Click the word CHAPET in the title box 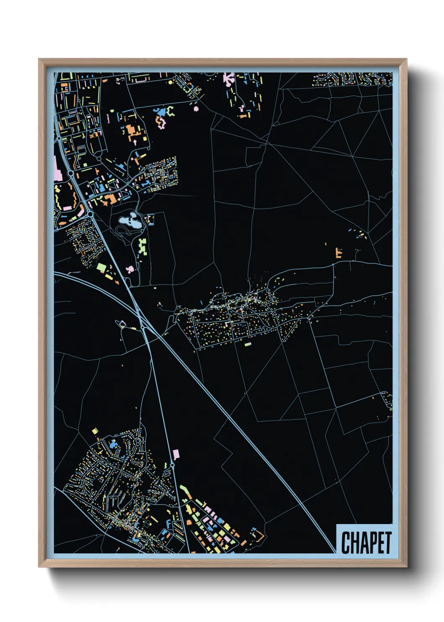[x=366, y=543]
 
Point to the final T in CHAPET [x=387, y=543]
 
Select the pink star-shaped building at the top [x=229, y=78]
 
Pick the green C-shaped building [x=170, y=111]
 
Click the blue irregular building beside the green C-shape [x=159, y=112]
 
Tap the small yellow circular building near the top [x=170, y=83]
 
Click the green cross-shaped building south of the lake [x=143, y=247]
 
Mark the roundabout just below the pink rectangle [x=172, y=465]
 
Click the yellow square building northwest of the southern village [x=95, y=431]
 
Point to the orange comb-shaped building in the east [x=338, y=253]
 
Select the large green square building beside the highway [x=101, y=267]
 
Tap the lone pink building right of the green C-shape [x=196, y=109]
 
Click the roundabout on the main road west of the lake [x=90, y=214]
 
